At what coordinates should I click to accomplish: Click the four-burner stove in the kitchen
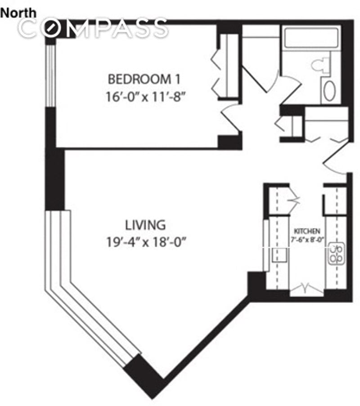335,253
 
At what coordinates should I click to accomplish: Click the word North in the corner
18,13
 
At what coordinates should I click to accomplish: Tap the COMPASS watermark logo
94,29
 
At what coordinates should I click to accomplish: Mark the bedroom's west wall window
51,75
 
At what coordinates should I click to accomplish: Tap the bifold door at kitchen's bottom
306,288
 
